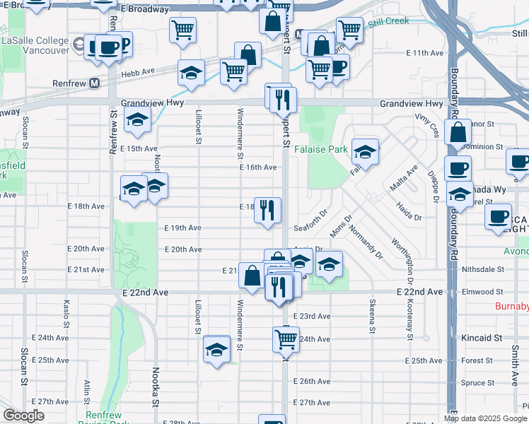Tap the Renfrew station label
pyautogui.click(x=71, y=83)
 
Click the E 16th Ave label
pyautogui.click(x=257, y=167)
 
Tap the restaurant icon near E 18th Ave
pyautogui.click(x=267, y=211)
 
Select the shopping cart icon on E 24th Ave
pyautogui.click(x=286, y=338)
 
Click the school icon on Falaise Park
pyautogui.click(x=365, y=151)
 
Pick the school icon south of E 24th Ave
pyautogui.click(x=216, y=349)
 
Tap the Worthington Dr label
pyautogui.click(x=402, y=269)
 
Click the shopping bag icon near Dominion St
pyautogui.click(x=458, y=133)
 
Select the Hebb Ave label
pyautogui.click(x=138, y=72)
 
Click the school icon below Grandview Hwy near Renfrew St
pyautogui.click(x=137, y=120)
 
